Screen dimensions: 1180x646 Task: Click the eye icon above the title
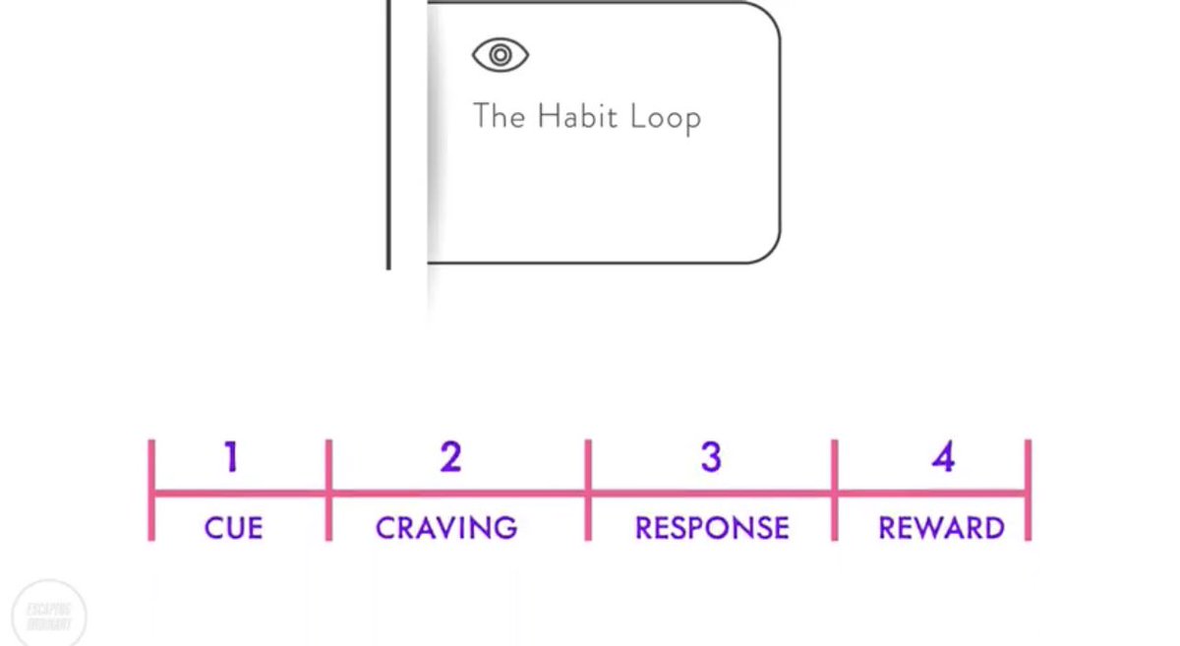(501, 55)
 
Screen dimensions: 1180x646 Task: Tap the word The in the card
(499, 116)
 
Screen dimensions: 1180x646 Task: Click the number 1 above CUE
(231, 457)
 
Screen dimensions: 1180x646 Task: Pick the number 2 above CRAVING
(450, 457)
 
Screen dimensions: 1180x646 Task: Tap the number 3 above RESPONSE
(711, 457)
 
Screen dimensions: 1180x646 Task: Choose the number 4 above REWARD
(943, 457)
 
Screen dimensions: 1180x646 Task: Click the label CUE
(233, 528)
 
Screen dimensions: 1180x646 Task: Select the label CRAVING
(446, 528)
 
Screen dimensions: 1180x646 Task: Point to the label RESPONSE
(712, 528)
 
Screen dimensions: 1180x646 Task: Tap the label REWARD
(941, 528)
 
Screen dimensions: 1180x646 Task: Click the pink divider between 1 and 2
(328, 490)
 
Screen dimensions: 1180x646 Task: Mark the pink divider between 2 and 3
(588, 490)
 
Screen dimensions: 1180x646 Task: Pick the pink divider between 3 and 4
(835, 490)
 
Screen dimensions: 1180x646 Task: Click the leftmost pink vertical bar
(151, 490)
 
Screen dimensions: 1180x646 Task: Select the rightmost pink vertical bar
(1028, 490)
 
